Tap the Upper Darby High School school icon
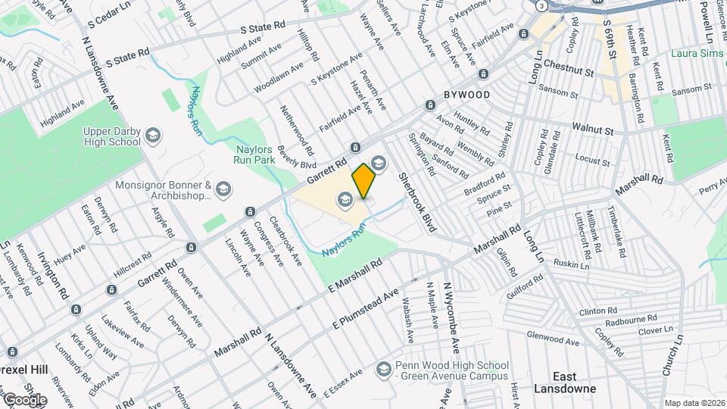[x=153, y=136]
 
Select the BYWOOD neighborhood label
[x=466, y=95]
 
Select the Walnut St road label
[x=592, y=130]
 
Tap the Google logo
[x=25, y=399]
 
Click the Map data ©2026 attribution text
[x=694, y=403]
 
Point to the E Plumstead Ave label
[x=366, y=309]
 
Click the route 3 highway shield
[x=542, y=5]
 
